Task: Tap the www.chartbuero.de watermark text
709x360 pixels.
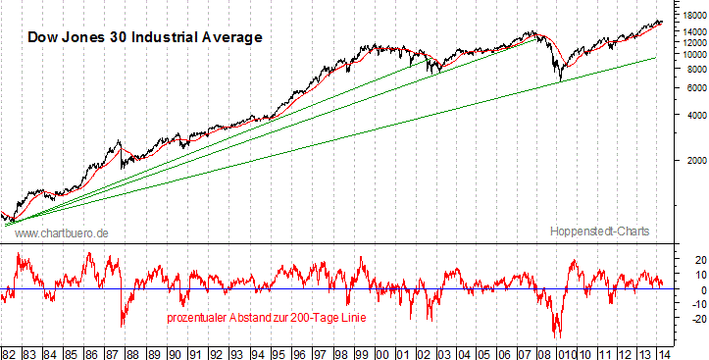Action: (x=61, y=232)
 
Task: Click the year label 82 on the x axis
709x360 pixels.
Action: (x=10, y=350)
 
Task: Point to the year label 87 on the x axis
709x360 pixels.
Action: (x=112, y=350)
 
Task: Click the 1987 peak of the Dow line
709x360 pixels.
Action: (x=120, y=141)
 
